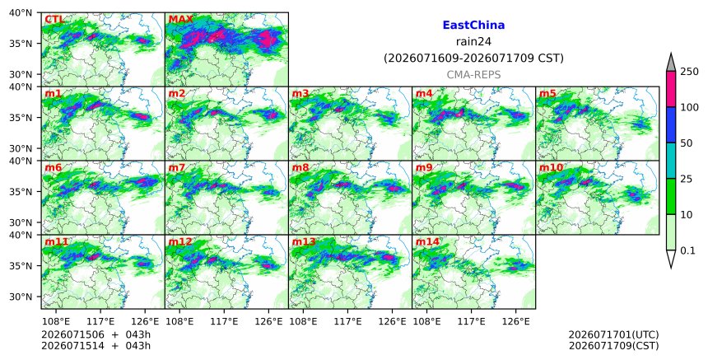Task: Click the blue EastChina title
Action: pyautogui.click(x=473, y=25)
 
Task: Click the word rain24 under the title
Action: pyautogui.click(x=473, y=41)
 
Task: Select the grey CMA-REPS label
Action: pyautogui.click(x=473, y=74)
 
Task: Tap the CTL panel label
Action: pyautogui.click(x=54, y=20)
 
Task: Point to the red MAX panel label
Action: pyautogui.click(x=180, y=20)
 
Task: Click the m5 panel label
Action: pyautogui.click(x=547, y=93)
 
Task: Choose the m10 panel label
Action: pyautogui.click(x=551, y=167)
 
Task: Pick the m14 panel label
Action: pyautogui.click(x=427, y=241)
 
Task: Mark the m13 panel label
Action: pyautogui.click(x=304, y=241)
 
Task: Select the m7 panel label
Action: pyautogui.click(x=176, y=167)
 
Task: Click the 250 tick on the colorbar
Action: pyautogui.click(x=689, y=72)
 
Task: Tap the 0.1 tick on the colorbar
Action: pyautogui.click(x=687, y=250)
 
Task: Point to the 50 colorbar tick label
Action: pyautogui.click(x=687, y=143)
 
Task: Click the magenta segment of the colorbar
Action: pyautogui.click(x=671, y=89)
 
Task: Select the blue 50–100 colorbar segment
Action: pyautogui.click(x=671, y=125)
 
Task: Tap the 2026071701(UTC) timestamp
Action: pyautogui.click(x=613, y=335)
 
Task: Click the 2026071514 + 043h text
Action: pyautogui.click(x=95, y=346)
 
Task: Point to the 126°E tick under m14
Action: pyautogui.click(x=515, y=321)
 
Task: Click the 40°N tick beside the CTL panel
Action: pyautogui.click(x=21, y=12)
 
